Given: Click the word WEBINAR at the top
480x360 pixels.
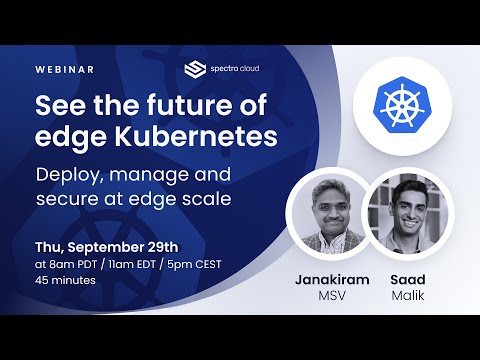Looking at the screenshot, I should [x=64, y=69].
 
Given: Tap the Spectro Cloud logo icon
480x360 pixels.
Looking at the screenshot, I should [x=194, y=69].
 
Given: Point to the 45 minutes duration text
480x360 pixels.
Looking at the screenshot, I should [x=66, y=280].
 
